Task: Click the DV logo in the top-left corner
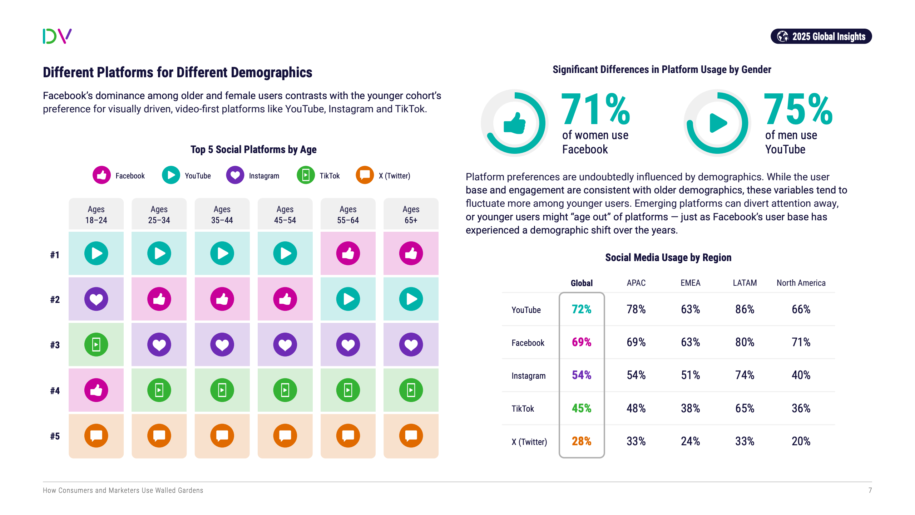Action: coord(57,36)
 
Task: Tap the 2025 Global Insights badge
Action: coord(821,36)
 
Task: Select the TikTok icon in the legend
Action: coord(306,175)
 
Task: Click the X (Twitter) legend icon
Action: coord(365,175)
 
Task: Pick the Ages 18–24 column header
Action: coord(96,214)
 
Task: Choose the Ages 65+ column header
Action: coord(411,214)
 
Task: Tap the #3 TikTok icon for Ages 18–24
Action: coord(96,345)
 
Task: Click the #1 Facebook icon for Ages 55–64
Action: coord(348,254)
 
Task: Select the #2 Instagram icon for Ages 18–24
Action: coord(96,299)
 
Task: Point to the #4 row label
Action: coord(55,391)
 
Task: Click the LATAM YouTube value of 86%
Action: coord(745,309)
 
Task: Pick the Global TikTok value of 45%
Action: coord(582,408)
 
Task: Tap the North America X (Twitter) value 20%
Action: coord(801,441)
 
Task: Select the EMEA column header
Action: coord(690,283)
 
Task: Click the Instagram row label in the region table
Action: coord(528,376)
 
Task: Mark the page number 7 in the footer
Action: coord(870,490)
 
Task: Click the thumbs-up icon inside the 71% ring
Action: coord(514,123)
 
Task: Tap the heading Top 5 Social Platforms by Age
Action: coord(253,149)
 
